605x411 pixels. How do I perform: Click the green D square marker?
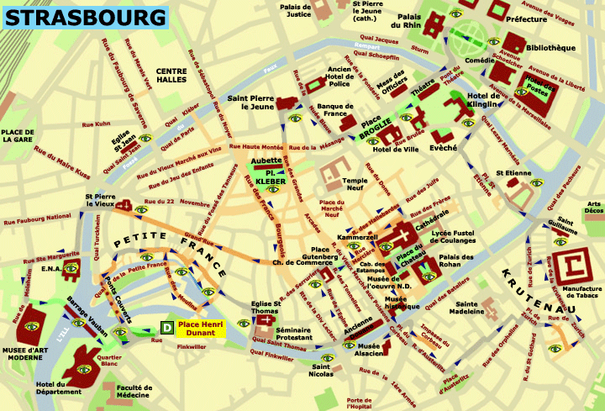pyautogui.click(x=167, y=326)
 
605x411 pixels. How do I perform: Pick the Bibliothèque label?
pyautogui.click(x=550, y=48)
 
